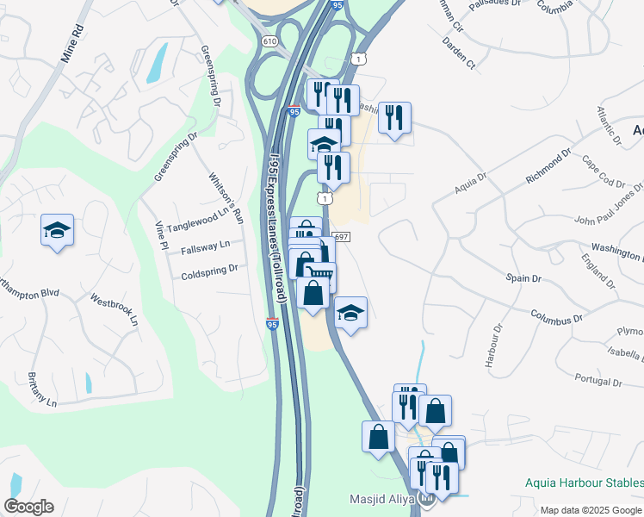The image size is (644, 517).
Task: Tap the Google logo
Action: (x=28, y=507)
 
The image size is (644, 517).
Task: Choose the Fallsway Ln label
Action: (x=206, y=247)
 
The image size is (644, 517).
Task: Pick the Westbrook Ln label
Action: (x=115, y=311)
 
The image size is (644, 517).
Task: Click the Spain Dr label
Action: (x=523, y=278)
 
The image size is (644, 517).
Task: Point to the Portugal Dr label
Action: (x=598, y=381)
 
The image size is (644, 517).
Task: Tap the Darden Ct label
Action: (x=458, y=53)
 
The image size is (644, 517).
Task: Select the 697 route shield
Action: (x=340, y=237)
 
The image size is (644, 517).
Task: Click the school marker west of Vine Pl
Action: (x=57, y=231)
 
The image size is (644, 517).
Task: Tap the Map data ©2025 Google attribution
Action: (x=591, y=510)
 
